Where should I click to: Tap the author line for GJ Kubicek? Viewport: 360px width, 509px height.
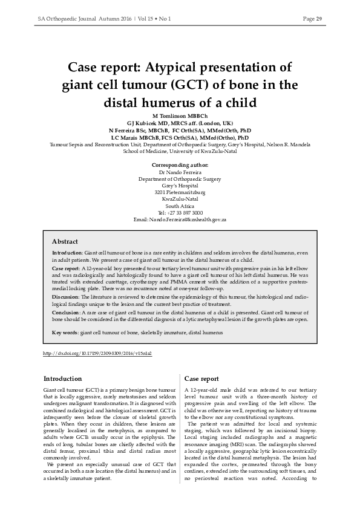[x=180, y=123]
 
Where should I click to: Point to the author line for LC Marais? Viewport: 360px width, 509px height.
[x=180, y=138]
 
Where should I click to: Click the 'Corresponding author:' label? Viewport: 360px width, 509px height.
[x=180, y=164]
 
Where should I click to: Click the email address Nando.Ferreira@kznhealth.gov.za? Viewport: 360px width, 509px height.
[x=180, y=219]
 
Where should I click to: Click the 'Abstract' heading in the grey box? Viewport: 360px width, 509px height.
[x=65, y=241]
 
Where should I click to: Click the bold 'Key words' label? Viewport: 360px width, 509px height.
[x=65, y=332]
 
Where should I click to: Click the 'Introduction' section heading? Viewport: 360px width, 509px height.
[x=62, y=378]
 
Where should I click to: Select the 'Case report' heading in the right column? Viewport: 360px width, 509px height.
[x=201, y=378]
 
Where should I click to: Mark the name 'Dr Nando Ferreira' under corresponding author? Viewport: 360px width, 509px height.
[x=180, y=172]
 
